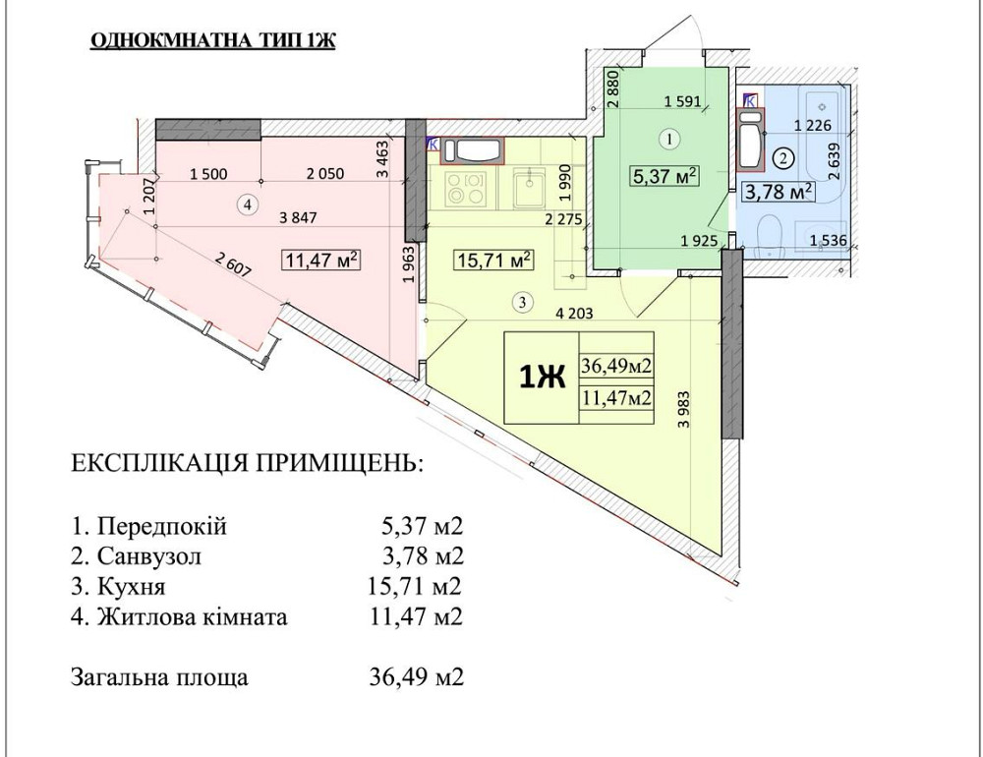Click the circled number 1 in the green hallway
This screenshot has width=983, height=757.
coord(669,140)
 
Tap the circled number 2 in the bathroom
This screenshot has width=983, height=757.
coord(783,156)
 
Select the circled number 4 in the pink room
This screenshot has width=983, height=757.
coord(249,204)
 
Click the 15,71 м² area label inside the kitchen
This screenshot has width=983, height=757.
coord(493,261)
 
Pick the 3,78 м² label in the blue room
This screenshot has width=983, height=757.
coord(778,191)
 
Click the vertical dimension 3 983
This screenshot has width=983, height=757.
coord(684,403)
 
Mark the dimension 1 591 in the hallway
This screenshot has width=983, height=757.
coord(682,100)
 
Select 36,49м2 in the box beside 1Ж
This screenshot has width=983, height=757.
coord(617,367)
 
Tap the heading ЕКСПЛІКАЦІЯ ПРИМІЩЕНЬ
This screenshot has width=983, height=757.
coord(247,464)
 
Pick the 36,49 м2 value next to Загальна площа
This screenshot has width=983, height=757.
coord(414,678)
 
